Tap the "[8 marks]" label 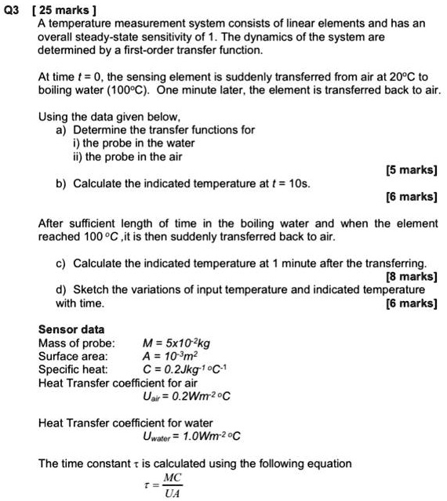pos(411,276)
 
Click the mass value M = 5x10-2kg pos(176,343)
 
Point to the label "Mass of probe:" pos(76,343)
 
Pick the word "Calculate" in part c pos(100,263)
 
